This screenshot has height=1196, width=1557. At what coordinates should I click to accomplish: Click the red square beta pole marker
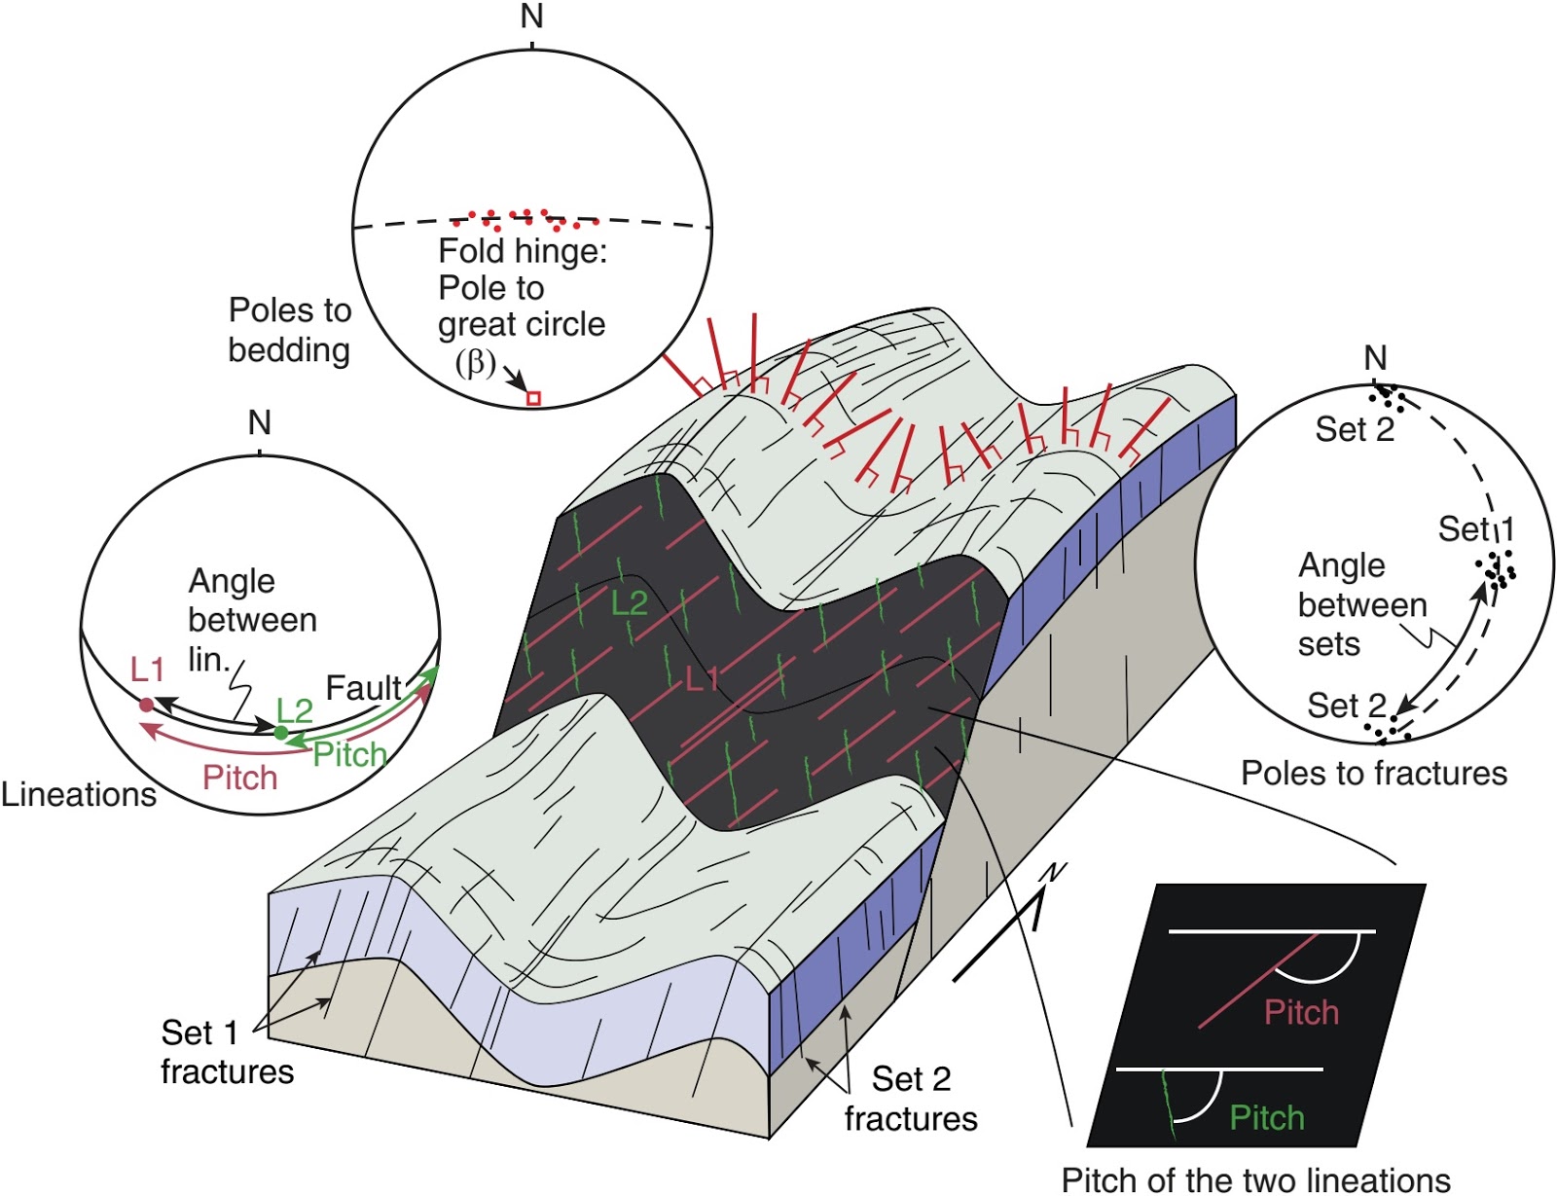533,398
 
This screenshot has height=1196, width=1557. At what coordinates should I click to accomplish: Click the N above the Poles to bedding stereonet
531,17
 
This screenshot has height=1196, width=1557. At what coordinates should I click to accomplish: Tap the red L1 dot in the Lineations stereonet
147,705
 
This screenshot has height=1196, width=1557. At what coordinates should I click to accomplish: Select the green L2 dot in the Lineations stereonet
280,732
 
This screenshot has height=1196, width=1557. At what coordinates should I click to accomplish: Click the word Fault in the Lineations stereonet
362,688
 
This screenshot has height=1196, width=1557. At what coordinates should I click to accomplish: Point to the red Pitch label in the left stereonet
239,778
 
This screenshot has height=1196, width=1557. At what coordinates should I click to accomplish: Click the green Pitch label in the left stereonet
349,754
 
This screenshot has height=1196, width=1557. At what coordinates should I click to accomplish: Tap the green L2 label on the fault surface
629,603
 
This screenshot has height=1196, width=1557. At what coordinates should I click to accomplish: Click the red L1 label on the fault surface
702,678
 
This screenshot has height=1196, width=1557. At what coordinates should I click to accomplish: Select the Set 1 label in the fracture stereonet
1476,528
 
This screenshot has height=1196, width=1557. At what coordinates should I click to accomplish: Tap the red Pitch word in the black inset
1301,1012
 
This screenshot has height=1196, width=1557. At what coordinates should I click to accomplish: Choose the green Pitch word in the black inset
1266,1117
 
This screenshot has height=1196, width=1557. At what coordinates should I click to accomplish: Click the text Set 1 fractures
227,1052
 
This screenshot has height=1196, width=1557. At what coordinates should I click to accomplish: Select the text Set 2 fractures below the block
911,1099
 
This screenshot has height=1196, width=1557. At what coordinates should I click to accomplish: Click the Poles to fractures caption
1373,773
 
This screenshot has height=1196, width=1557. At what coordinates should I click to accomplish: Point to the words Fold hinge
522,251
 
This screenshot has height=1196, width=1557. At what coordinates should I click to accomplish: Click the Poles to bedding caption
289,330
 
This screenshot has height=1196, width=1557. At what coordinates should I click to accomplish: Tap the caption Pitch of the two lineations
1255,1179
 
